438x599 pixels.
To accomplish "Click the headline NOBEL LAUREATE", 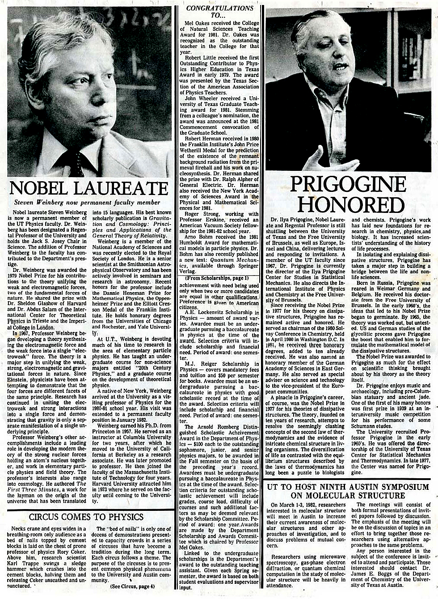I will point(88,188).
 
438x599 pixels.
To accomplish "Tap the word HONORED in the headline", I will point(350,204).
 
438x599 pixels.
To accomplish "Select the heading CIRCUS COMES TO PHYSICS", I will point(86,517).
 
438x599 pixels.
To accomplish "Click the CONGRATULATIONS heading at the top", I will point(219,8).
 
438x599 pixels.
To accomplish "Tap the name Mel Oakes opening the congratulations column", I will point(196,22).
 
